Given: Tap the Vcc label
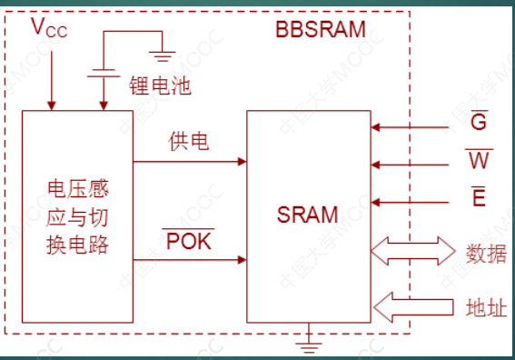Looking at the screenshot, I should (x=49, y=28).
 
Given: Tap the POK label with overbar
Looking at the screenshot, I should (x=188, y=241).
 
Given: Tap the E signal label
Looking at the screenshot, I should (x=478, y=197).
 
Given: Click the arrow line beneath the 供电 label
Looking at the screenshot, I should (x=190, y=162).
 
